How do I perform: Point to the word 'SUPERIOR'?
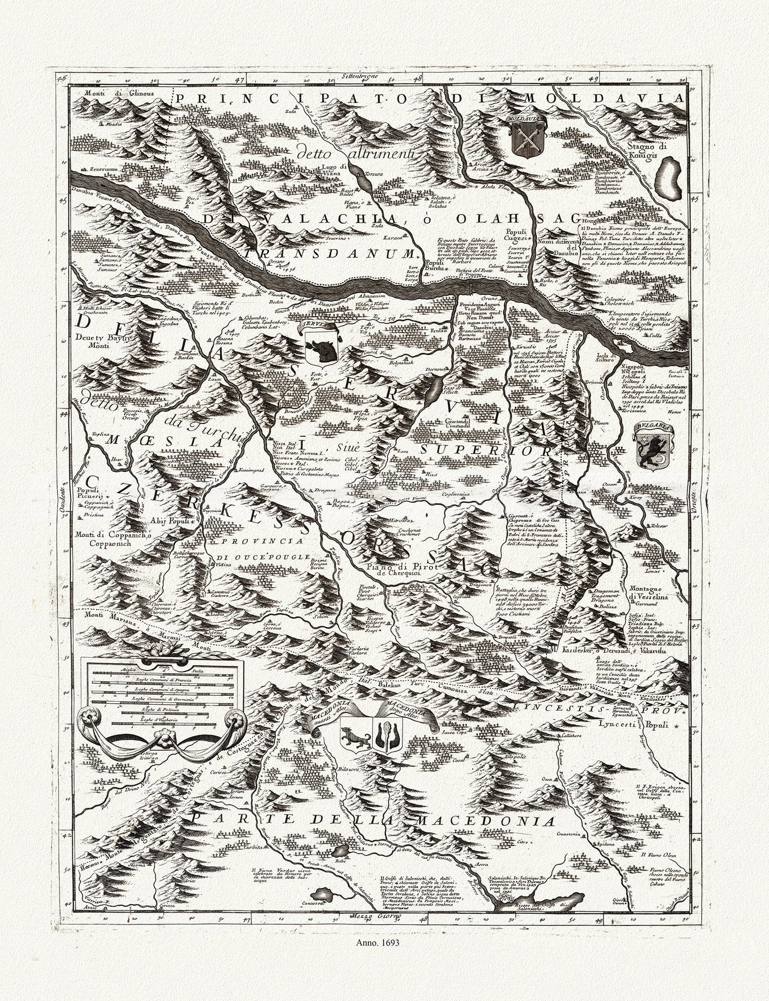point(485,451)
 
